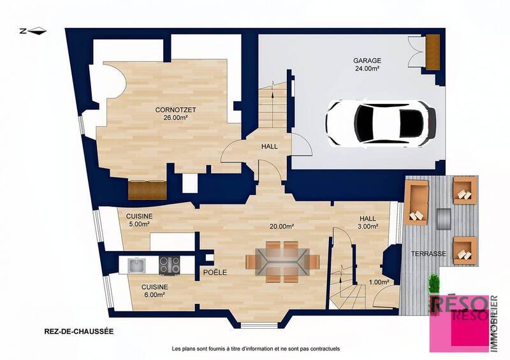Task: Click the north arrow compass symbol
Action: click(33, 30)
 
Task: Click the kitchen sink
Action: click(136, 263)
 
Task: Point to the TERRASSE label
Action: click(428, 254)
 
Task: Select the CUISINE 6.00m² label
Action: click(154, 291)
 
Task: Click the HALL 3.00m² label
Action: click(367, 221)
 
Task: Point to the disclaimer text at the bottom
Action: click(256, 349)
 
